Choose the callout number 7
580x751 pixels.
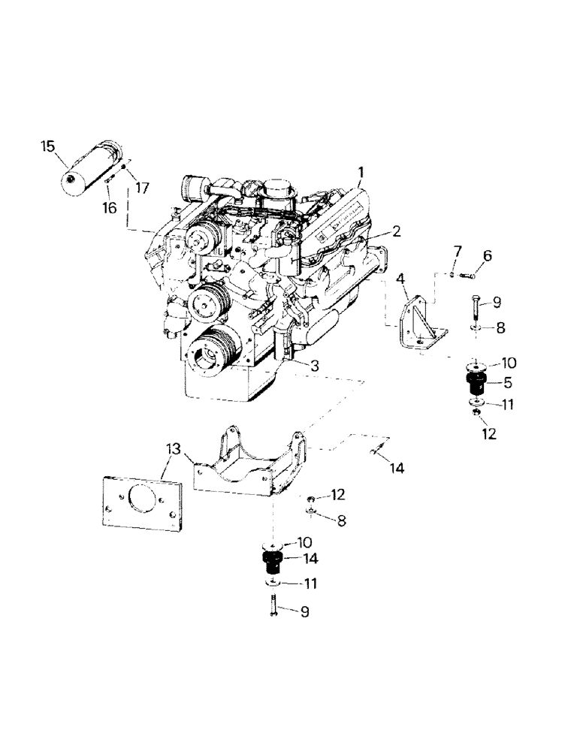pos(457,250)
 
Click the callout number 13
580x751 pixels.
pos(174,450)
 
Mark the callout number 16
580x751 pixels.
pos(110,208)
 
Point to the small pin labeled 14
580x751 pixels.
pos(376,452)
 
